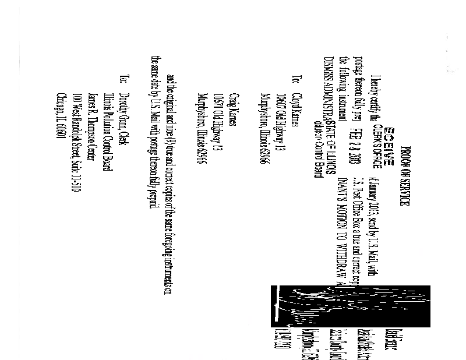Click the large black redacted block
303,305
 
